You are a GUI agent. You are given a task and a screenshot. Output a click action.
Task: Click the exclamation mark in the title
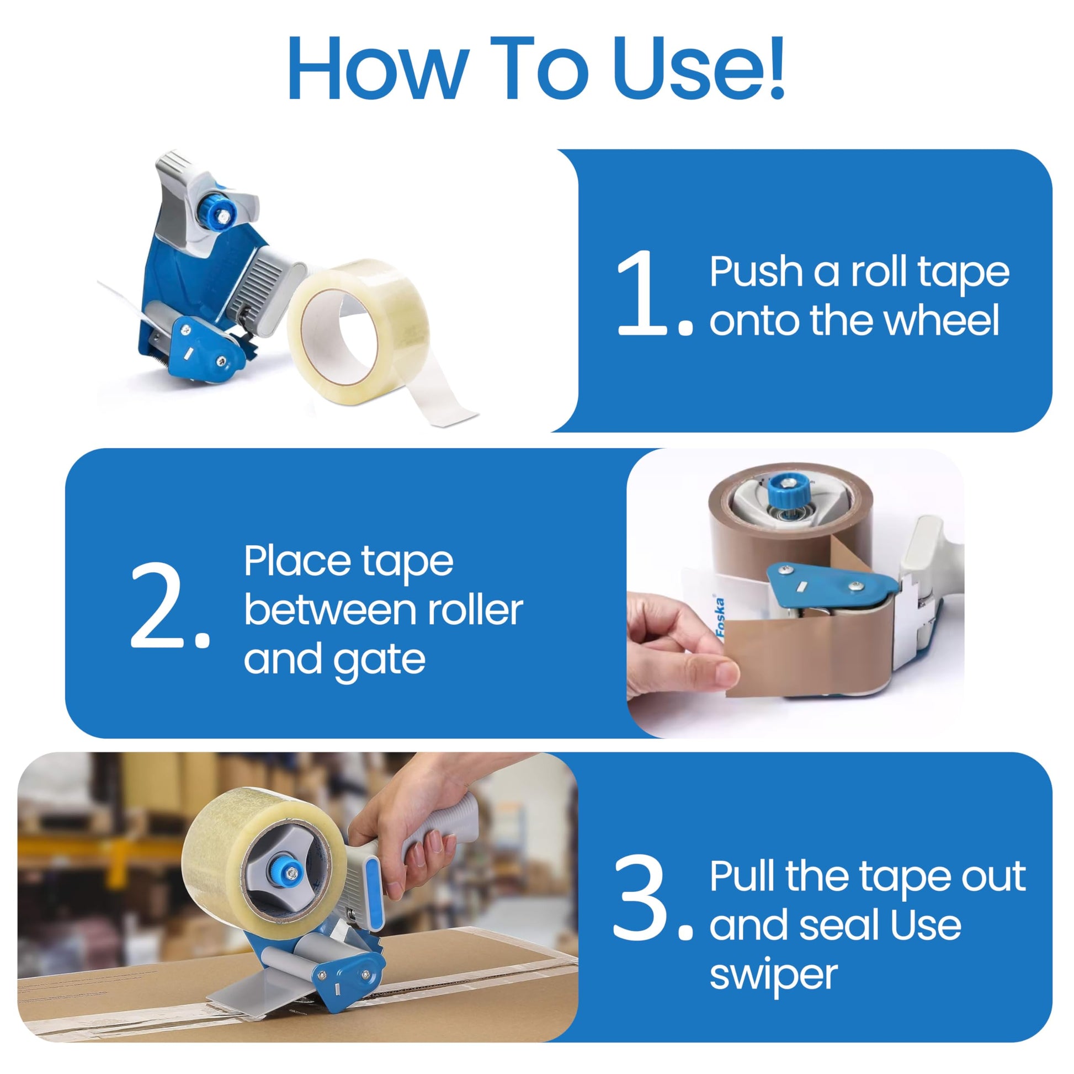click(774, 67)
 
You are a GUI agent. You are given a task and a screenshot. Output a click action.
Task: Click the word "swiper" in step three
click(773, 976)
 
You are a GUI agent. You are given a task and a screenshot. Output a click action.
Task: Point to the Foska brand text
click(720, 616)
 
